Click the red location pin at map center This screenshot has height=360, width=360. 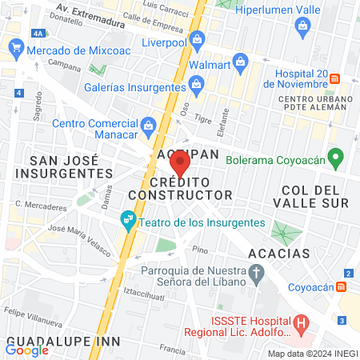click(180, 164)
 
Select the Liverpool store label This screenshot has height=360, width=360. click(163, 42)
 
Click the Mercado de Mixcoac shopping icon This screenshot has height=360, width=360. click(16, 50)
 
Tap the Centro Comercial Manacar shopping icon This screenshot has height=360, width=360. click(148, 125)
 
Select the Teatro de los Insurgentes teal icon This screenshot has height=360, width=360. click(127, 218)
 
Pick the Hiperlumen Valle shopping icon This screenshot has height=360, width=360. click(302, 24)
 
